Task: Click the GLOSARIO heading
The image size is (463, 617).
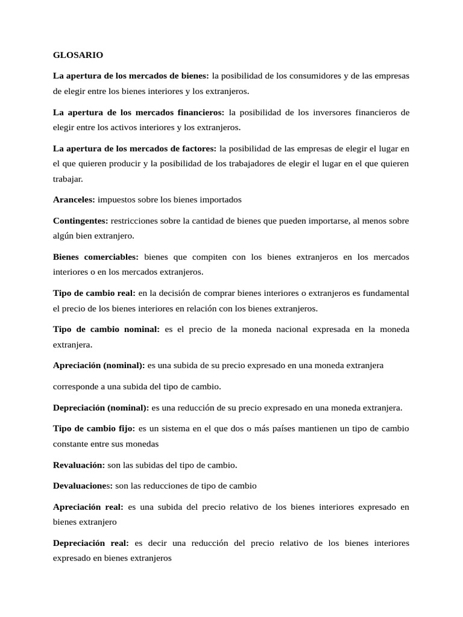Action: click(78, 55)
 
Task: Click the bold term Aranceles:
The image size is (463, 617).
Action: click(74, 199)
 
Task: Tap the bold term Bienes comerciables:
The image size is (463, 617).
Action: click(96, 257)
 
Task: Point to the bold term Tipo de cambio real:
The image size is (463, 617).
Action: click(94, 293)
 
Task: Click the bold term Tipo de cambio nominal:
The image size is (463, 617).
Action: click(106, 329)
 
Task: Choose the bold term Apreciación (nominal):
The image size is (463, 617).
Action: click(99, 365)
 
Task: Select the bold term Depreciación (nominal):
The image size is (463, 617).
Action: click(101, 408)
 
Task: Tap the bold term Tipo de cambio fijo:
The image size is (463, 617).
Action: click(93, 429)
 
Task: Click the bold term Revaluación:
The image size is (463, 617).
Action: click(79, 465)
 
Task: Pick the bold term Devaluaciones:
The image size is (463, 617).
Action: click(83, 486)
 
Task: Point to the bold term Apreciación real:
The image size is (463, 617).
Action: click(88, 507)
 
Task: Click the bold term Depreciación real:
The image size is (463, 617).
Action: click(90, 543)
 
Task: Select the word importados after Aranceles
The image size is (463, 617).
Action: click(221, 199)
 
